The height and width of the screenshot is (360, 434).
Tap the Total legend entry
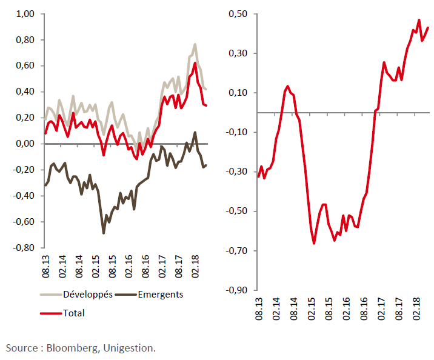(x=73, y=313)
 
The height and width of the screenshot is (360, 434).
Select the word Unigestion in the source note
(x=129, y=348)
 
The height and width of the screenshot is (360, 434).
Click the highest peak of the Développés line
(x=195, y=44)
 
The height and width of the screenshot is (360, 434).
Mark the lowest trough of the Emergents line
(x=104, y=233)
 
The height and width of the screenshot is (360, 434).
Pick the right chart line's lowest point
(x=315, y=243)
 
